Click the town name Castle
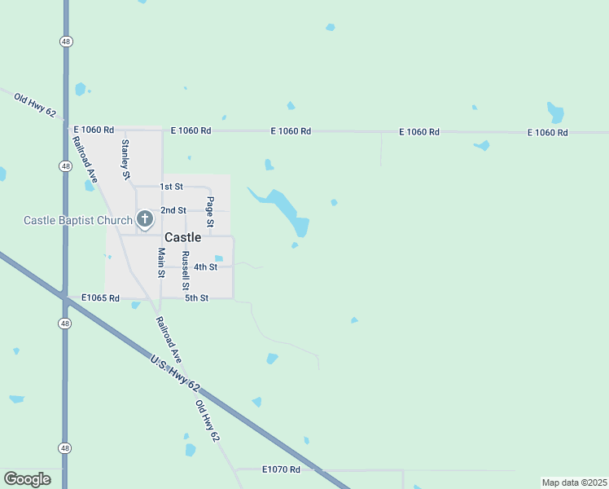point(182,237)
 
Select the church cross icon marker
point(144,218)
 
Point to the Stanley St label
point(125,158)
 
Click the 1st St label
point(171,187)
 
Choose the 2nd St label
point(173,210)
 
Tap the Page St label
point(210,212)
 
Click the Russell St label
point(186,271)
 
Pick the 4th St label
point(205,267)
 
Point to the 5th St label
point(196,298)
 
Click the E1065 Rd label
point(100,298)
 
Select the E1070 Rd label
point(281,469)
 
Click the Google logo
point(27,478)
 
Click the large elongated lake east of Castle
point(285,209)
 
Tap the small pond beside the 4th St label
point(219,258)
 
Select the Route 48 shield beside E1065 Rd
point(64,324)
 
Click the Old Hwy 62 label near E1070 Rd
point(207,421)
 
